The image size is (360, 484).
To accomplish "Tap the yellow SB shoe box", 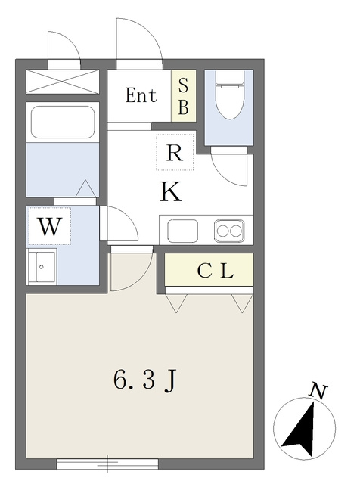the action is [x=184, y=96].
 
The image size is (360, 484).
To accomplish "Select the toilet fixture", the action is [x=230, y=94].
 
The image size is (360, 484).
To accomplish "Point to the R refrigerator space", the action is [x=175, y=152].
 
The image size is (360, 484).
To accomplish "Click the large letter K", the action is [x=171, y=191].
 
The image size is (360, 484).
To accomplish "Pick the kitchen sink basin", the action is [x=183, y=231].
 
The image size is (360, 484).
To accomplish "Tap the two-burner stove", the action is [x=229, y=231].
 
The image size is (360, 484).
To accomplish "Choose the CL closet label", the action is [x=216, y=271].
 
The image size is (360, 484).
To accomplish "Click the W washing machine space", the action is [x=49, y=226].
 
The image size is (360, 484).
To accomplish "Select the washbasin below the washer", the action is [x=42, y=267].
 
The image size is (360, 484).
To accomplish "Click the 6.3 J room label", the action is [x=145, y=380].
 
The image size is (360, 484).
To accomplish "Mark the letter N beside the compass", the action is [x=318, y=391].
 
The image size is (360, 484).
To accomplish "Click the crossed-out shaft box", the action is [x=63, y=82].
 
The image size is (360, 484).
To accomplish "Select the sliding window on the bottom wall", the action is [x=107, y=464].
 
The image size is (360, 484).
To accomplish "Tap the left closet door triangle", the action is [x=176, y=303].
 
